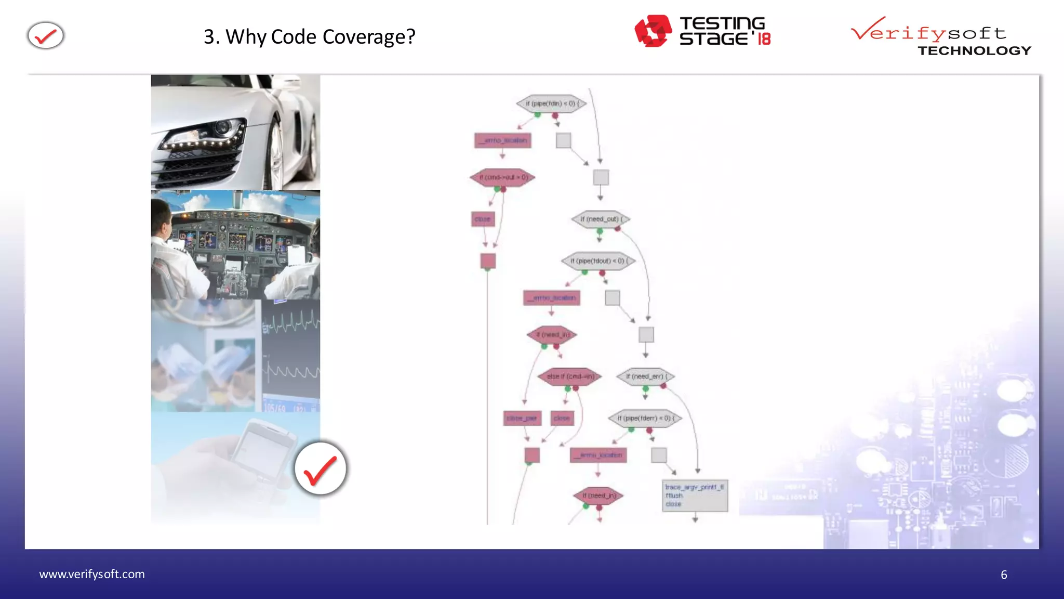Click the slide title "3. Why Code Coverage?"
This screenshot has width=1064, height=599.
point(310,36)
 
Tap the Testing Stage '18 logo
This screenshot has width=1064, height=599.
point(702,31)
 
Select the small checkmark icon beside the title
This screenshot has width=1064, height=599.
point(46,36)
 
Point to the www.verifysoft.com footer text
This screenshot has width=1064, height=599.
point(92,574)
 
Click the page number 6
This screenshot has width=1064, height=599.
point(1004,575)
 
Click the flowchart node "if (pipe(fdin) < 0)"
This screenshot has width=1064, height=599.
point(551,103)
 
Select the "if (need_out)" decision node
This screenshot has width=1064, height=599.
point(601,219)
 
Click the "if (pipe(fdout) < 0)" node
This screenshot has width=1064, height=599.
point(598,261)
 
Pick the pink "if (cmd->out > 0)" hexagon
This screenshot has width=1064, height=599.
point(502,177)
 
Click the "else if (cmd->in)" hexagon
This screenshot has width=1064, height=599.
point(569,376)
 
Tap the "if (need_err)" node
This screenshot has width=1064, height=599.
point(646,376)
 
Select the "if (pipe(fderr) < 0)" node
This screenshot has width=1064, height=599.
point(645,418)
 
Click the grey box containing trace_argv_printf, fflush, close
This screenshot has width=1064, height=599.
point(695,496)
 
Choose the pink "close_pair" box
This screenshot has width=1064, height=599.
point(522,418)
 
